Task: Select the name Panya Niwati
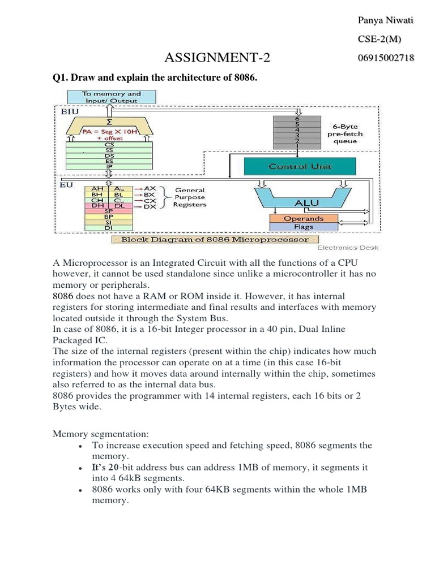(385, 21)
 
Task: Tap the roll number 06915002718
(385, 58)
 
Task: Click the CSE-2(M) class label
(380, 40)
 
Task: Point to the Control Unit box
(300, 167)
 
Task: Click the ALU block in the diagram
(306, 202)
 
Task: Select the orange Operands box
(304, 218)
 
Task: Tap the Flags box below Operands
(304, 227)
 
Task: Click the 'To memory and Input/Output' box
(112, 97)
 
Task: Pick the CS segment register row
(109, 144)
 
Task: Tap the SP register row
(108, 211)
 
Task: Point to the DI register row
(108, 228)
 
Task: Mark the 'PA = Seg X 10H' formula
(110, 132)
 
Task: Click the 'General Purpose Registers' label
(190, 197)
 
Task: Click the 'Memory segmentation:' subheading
(101, 434)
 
